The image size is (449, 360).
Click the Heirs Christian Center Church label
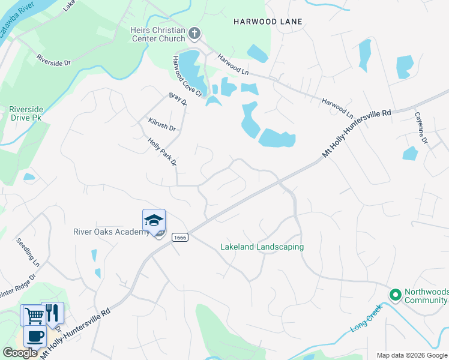(x=158, y=34)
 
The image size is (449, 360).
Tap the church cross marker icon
(x=194, y=34)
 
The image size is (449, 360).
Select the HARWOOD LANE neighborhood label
(x=268, y=22)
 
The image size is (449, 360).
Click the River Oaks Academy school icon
(x=154, y=221)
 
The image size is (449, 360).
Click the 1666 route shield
(x=179, y=238)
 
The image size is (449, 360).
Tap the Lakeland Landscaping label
(x=262, y=247)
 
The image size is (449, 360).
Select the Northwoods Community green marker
(x=395, y=295)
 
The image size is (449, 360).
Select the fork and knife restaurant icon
(x=52, y=313)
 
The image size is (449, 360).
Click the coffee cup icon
(x=34, y=336)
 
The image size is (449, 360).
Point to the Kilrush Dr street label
(x=161, y=124)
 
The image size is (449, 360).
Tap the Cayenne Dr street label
(x=420, y=128)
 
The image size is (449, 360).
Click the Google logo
(x=20, y=353)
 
